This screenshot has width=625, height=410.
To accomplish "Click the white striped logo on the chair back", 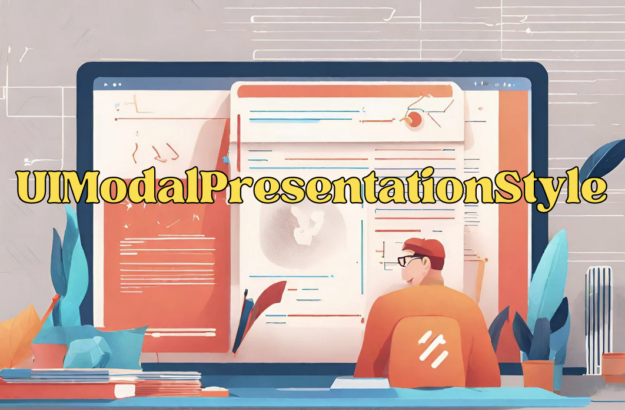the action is pos(433,349).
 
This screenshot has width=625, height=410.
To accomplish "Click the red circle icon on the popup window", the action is pos(414,119).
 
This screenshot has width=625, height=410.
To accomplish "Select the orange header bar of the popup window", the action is pos(345,91).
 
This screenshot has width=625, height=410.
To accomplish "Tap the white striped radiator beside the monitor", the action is pos(599,320).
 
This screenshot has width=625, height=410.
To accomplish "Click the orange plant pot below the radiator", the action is pos(613,368).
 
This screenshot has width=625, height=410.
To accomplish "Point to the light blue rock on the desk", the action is pos(88,353).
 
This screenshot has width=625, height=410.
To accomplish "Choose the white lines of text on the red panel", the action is pos(167,264).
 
